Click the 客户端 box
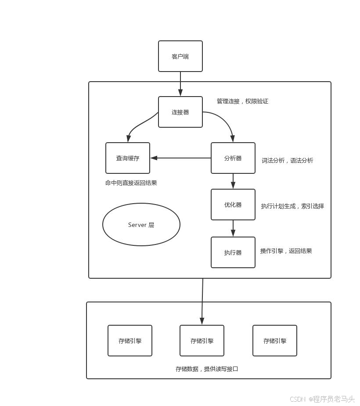tap(180, 56)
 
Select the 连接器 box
tap(180, 112)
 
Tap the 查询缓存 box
tap(127, 158)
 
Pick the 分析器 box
tap(233, 158)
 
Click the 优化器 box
tap(233, 205)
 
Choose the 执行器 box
tap(233, 252)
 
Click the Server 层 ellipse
tap(141, 224)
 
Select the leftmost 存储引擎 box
tap(130, 341)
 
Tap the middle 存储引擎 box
tap(202, 341)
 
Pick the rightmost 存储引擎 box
tap(274, 341)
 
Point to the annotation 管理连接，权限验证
tap(242, 101)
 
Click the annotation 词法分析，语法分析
tap(287, 161)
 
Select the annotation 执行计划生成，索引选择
tap(292, 206)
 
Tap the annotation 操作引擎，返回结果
tap(286, 251)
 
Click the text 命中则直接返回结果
tap(131, 183)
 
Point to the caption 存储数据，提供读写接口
tap(206, 369)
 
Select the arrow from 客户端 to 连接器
tap(180, 84)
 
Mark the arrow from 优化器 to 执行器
tap(233, 228)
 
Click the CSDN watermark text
tap(322, 399)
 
